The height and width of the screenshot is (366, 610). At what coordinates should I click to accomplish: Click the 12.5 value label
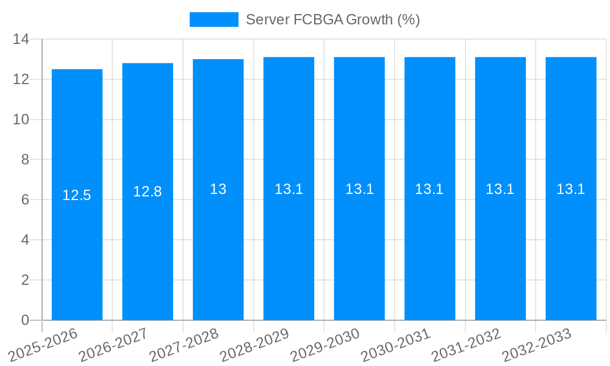pyautogui.click(x=77, y=195)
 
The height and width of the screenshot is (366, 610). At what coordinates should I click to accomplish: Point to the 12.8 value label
pyautogui.click(x=148, y=192)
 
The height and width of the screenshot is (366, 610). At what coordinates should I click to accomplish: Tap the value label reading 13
pyautogui.click(x=218, y=189)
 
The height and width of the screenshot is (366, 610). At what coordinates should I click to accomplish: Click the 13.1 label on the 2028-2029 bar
pyautogui.click(x=289, y=189)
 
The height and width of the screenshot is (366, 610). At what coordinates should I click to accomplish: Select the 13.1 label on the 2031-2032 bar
pyautogui.click(x=500, y=189)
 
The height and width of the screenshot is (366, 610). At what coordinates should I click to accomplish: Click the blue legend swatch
pyautogui.click(x=213, y=20)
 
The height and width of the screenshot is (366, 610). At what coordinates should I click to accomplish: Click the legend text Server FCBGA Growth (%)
pyautogui.click(x=332, y=20)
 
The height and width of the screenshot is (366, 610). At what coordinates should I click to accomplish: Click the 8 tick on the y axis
pyautogui.click(x=25, y=160)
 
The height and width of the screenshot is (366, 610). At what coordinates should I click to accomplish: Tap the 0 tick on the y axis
pyautogui.click(x=25, y=320)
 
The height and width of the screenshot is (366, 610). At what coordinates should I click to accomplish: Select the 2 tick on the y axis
pyautogui.click(x=25, y=280)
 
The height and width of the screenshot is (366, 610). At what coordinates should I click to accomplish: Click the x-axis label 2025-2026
pyautogui.click(x=44, y=345)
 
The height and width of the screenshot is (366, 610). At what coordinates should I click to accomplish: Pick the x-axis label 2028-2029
pyautogui.click(x=255, y=345)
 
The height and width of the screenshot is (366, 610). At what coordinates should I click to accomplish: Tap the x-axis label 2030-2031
pyautogui.click(x=396, y=345)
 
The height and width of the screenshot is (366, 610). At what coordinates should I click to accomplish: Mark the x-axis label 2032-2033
pyautogui.click(x=537, y=345)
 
